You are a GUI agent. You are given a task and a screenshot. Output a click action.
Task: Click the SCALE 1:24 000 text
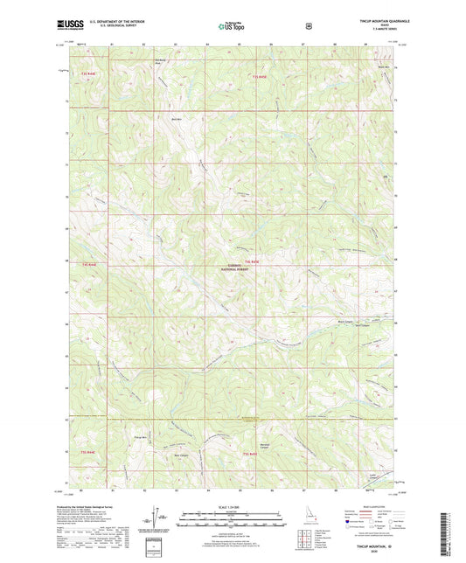tap(233, 504)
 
